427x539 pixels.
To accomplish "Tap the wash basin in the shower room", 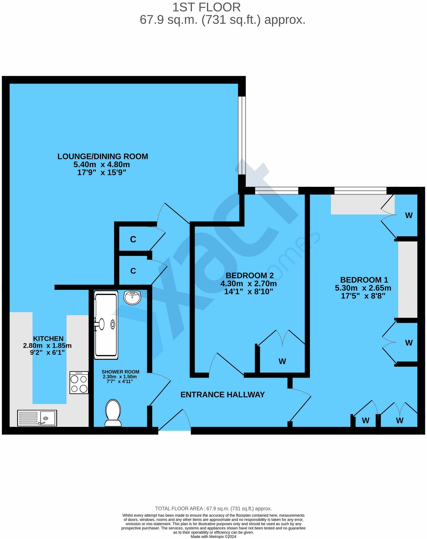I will point(132,297).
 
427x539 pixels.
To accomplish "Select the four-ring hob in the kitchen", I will point(79,382).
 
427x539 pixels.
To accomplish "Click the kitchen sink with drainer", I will point(37,418).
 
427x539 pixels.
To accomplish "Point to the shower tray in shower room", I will point(106,324).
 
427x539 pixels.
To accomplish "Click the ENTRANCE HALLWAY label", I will point(222,394).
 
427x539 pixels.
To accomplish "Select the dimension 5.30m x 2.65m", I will point(363,288).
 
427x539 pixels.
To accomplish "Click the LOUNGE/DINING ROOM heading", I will point(103,156).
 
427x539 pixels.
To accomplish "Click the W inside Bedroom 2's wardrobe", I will point(282,361).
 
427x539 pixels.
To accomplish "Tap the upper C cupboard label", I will point(133,239).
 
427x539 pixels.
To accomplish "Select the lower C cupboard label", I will point(133,271).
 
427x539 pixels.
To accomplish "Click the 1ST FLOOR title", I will point(206,7).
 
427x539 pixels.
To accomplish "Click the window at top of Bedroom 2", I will point(277,190).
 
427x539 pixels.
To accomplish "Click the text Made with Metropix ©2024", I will point(213,537).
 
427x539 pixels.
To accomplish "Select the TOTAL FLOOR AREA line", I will point(213,508).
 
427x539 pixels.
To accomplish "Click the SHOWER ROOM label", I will point(120,372).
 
